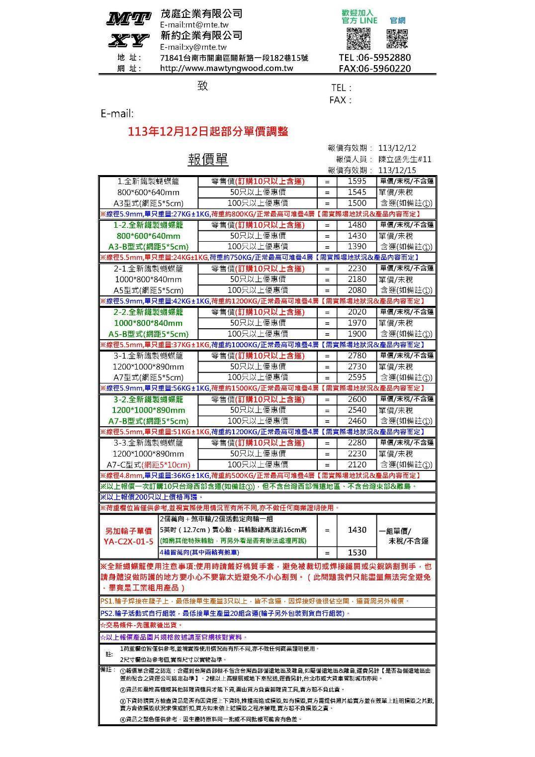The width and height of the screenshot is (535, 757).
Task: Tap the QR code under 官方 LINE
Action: tap(358, 38)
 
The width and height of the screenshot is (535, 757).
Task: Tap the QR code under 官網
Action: tap(397, 38)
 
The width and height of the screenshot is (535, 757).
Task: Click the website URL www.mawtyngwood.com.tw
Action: tap(227, 68)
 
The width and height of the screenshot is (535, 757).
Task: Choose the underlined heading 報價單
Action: tap(208, 160)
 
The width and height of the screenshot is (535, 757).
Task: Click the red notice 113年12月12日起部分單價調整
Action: tap(208, 132)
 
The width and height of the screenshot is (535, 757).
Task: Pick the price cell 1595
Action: tap(357, 182)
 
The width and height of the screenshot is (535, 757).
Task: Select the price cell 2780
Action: tap(357, 356)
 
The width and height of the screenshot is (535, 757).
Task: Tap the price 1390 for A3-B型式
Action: tap(357, 247)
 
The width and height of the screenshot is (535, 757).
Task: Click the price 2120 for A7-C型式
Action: tap(357, 465)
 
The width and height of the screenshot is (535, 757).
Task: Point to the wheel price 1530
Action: tap(357, 553)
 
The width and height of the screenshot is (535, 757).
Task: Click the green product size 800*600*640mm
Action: tap(148, 236)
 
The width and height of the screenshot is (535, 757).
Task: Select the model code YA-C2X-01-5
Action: tap(129, 541)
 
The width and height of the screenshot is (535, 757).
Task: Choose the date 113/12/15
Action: tap(397, 170)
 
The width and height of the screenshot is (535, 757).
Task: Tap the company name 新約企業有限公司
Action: tap(201, 35)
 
